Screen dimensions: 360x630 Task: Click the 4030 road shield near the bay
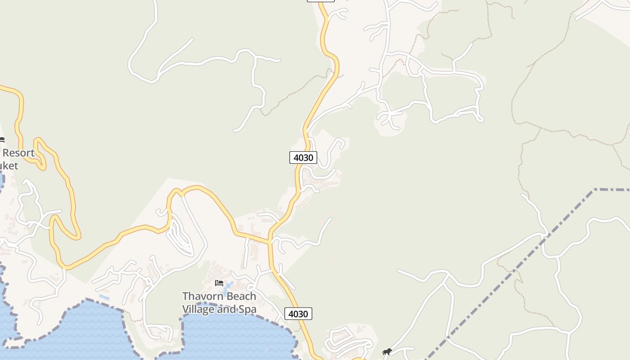[x=298, y=314]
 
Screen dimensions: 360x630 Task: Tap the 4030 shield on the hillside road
[x=303, y=157]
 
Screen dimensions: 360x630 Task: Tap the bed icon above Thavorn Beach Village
[x=219, y=283]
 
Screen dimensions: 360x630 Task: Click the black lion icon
[x=387, y=351]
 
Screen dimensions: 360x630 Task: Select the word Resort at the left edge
[x=18, y=153]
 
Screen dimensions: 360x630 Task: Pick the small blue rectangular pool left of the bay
[x=104, y=297]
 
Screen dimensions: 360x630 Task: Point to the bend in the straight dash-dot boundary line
[x=594, y=190]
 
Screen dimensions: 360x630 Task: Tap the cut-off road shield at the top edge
[x=320, y=0]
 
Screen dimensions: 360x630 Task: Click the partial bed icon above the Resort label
[x=2, y=140]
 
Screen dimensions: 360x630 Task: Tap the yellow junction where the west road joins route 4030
[x=270, y=241]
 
